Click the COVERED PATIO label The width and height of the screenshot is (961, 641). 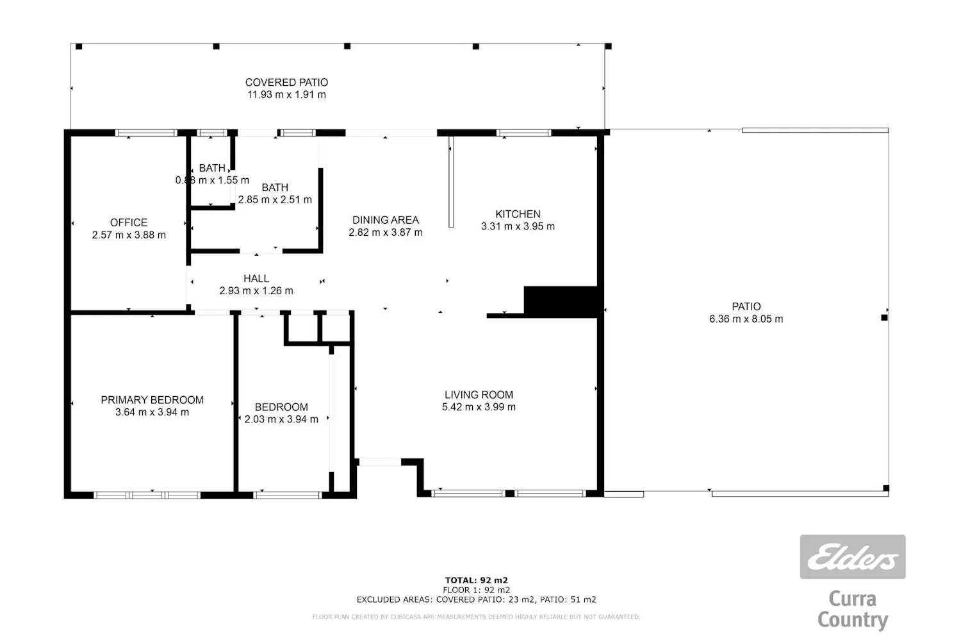[286, 83]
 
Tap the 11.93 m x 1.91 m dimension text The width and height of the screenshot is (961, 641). [286, 95]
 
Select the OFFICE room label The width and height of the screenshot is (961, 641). [129, 223]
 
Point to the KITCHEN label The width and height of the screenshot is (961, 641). [518, 214]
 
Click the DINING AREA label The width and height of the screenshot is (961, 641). [385, 221]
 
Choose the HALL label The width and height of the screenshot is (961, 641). [256, 279]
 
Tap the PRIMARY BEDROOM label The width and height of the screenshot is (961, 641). [152, 400]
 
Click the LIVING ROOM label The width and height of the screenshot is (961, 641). [479, 395]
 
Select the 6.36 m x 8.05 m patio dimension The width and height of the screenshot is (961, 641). [746, 319]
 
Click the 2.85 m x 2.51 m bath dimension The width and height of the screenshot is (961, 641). [275, 199]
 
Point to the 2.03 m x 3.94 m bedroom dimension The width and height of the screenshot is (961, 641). [281, 419]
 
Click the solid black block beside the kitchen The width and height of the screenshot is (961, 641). [561, 302]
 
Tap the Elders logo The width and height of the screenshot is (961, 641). [853, 557]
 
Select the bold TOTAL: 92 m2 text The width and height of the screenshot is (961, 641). [476, 581]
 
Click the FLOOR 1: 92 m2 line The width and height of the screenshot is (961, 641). [476, 590]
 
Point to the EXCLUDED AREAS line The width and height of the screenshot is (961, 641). [476, 600]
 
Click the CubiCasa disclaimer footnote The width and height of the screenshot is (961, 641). [476, 617]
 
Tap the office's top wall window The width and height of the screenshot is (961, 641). [146, 133]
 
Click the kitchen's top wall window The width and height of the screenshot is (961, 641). [523, 133]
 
